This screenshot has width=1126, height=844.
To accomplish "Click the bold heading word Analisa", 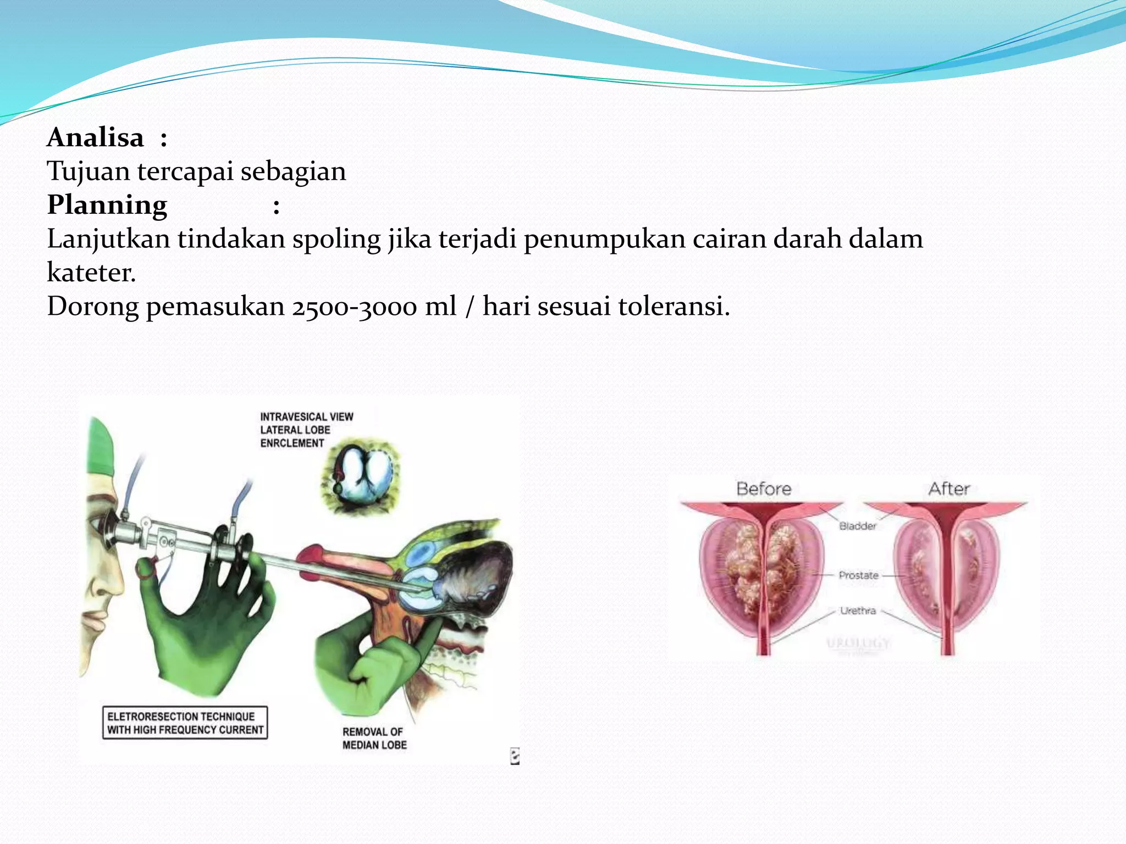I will coord(95,137).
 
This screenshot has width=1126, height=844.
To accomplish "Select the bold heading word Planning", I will coord(107,205).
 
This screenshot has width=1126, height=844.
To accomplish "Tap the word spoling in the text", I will coord(336,240).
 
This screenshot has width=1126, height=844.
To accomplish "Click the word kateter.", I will coord(91,273).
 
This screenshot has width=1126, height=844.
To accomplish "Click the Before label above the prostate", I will coord(764,488).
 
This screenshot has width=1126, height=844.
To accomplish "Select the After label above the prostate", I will coord(949,488).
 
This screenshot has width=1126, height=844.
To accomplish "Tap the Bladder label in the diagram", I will coord(858,526).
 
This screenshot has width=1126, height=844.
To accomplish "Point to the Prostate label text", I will coord(858,575).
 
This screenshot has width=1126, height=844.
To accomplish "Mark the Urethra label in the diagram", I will coord(858,610).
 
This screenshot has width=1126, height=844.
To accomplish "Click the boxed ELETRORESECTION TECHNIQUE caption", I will coord(185,723).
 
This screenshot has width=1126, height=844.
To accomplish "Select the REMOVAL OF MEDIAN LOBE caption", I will coord(374,738).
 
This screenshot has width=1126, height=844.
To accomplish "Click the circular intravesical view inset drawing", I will coord(361,476).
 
